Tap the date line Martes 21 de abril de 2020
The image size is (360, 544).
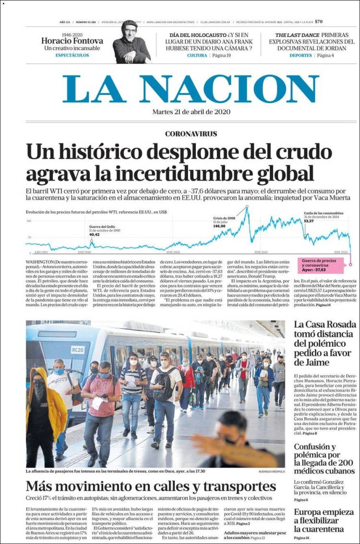(191, 112)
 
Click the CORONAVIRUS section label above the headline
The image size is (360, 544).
(191, 134)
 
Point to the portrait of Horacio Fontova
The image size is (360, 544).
(131, 42)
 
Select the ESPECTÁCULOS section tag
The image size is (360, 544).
(72, 55)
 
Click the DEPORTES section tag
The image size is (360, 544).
(300, 56)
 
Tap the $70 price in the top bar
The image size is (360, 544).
(319, 22)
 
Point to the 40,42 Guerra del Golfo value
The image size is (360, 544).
(95, 234)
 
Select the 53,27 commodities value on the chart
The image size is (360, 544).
(308, 221)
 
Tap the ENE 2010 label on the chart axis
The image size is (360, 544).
(261, 252)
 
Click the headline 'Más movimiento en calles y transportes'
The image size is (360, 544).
(151, 485)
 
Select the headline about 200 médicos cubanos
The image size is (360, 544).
(324, 459)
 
